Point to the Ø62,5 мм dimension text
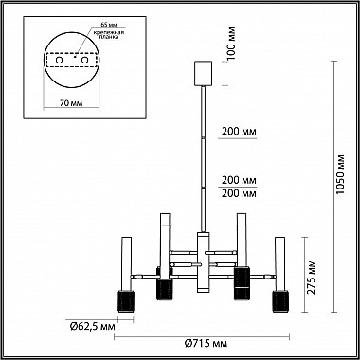tap(93, 328)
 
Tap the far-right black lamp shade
tap(281, 300)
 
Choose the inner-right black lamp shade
tap(241, 281)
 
